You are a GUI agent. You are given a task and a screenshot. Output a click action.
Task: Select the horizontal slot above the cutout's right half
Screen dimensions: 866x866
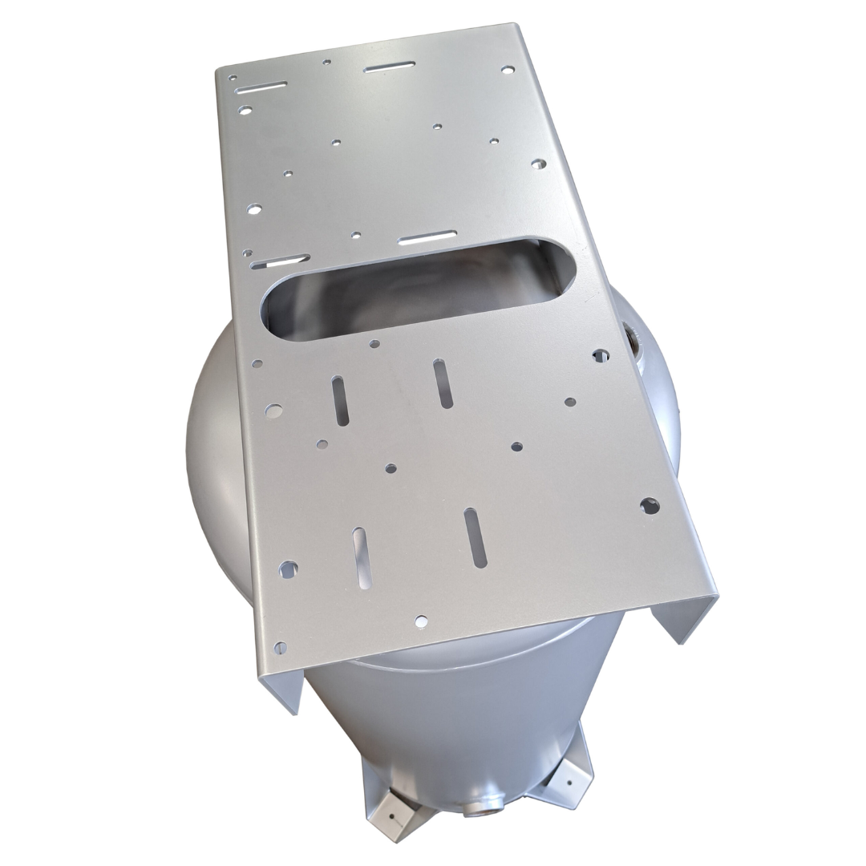pyautogui.click(x=427, y=237)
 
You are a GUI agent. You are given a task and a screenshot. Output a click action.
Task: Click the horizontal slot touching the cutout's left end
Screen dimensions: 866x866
pyautogui.click(x=280, y=261)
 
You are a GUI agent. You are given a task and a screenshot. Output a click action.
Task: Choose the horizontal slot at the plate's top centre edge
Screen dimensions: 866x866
pyautogui.click(x=390, y=67)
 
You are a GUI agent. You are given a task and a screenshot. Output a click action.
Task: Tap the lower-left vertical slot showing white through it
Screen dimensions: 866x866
pyautogui.click(x=362, y=557)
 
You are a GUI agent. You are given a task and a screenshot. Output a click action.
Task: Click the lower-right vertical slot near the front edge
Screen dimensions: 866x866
pyautogui.click(x=475, y=537)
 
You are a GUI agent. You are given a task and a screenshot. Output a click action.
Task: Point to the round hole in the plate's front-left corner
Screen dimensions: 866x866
pyautogui.click(x=280, y=646)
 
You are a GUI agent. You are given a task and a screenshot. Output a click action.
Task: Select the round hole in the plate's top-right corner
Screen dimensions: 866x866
pyautogui.click(x=507, y=70)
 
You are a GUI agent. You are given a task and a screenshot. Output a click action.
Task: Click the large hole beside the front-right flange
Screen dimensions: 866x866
pyautogui.click(x=649, y=505)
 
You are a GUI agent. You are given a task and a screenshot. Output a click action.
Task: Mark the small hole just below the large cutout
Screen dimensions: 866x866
pyautogui.click(x=374, y=344)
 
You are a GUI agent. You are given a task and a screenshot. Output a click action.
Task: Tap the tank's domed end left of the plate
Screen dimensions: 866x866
pyautogui.click(x=212, y=449)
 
